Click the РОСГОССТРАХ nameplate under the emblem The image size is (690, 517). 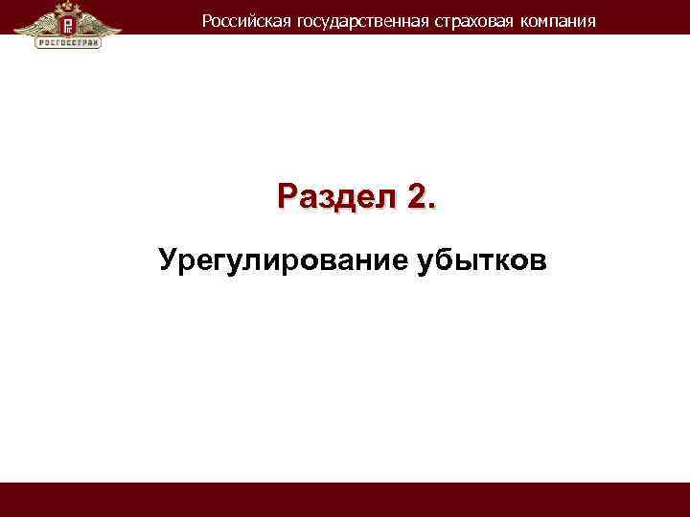click(68, 42)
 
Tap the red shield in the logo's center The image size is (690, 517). click(68, 22)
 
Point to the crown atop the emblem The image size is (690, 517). click(68, 6)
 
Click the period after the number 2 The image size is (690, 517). click(431, 205)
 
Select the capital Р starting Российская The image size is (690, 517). click(207, 20)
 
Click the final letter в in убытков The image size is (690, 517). click(540, 260)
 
